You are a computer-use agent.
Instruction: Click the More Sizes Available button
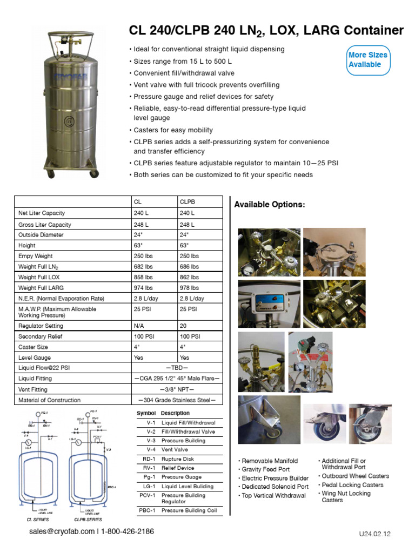367,59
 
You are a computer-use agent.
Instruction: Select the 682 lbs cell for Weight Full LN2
143,266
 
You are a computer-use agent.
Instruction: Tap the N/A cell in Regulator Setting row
139,326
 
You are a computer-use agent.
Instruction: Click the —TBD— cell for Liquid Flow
177,368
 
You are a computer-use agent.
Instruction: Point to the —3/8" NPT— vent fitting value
177,389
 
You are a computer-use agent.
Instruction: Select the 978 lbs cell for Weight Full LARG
189,288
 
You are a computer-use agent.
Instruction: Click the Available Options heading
269,205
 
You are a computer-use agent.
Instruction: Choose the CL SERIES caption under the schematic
38,519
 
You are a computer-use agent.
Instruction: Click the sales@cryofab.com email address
62,532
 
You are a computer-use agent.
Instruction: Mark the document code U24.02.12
374,534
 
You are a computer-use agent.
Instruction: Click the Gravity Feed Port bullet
266,470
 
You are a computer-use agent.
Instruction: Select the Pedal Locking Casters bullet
352,485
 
